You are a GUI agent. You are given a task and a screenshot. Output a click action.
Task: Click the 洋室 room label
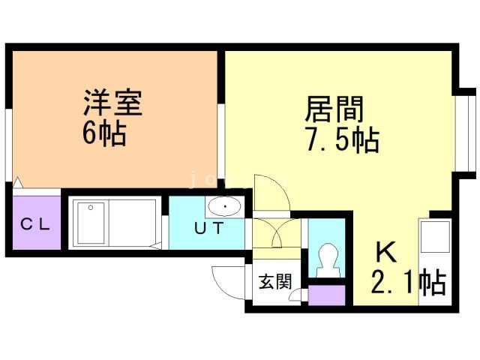tap(112, 103)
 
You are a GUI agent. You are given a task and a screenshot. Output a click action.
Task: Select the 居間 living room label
tap(334, 109)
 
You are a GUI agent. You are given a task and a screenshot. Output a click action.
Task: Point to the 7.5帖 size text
tap(341, 140)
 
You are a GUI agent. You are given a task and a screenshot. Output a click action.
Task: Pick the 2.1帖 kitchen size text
tap(409, 283)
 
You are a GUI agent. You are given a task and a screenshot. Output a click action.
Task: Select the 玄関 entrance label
tap(275, 282)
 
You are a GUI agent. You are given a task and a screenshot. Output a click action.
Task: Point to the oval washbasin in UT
tap(222, 207)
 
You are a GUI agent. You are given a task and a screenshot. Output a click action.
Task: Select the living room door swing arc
tap(271, 192)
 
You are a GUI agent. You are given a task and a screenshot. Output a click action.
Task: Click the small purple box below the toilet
tap(328, 295)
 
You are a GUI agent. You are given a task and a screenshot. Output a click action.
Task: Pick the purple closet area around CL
tap(36, 223)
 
